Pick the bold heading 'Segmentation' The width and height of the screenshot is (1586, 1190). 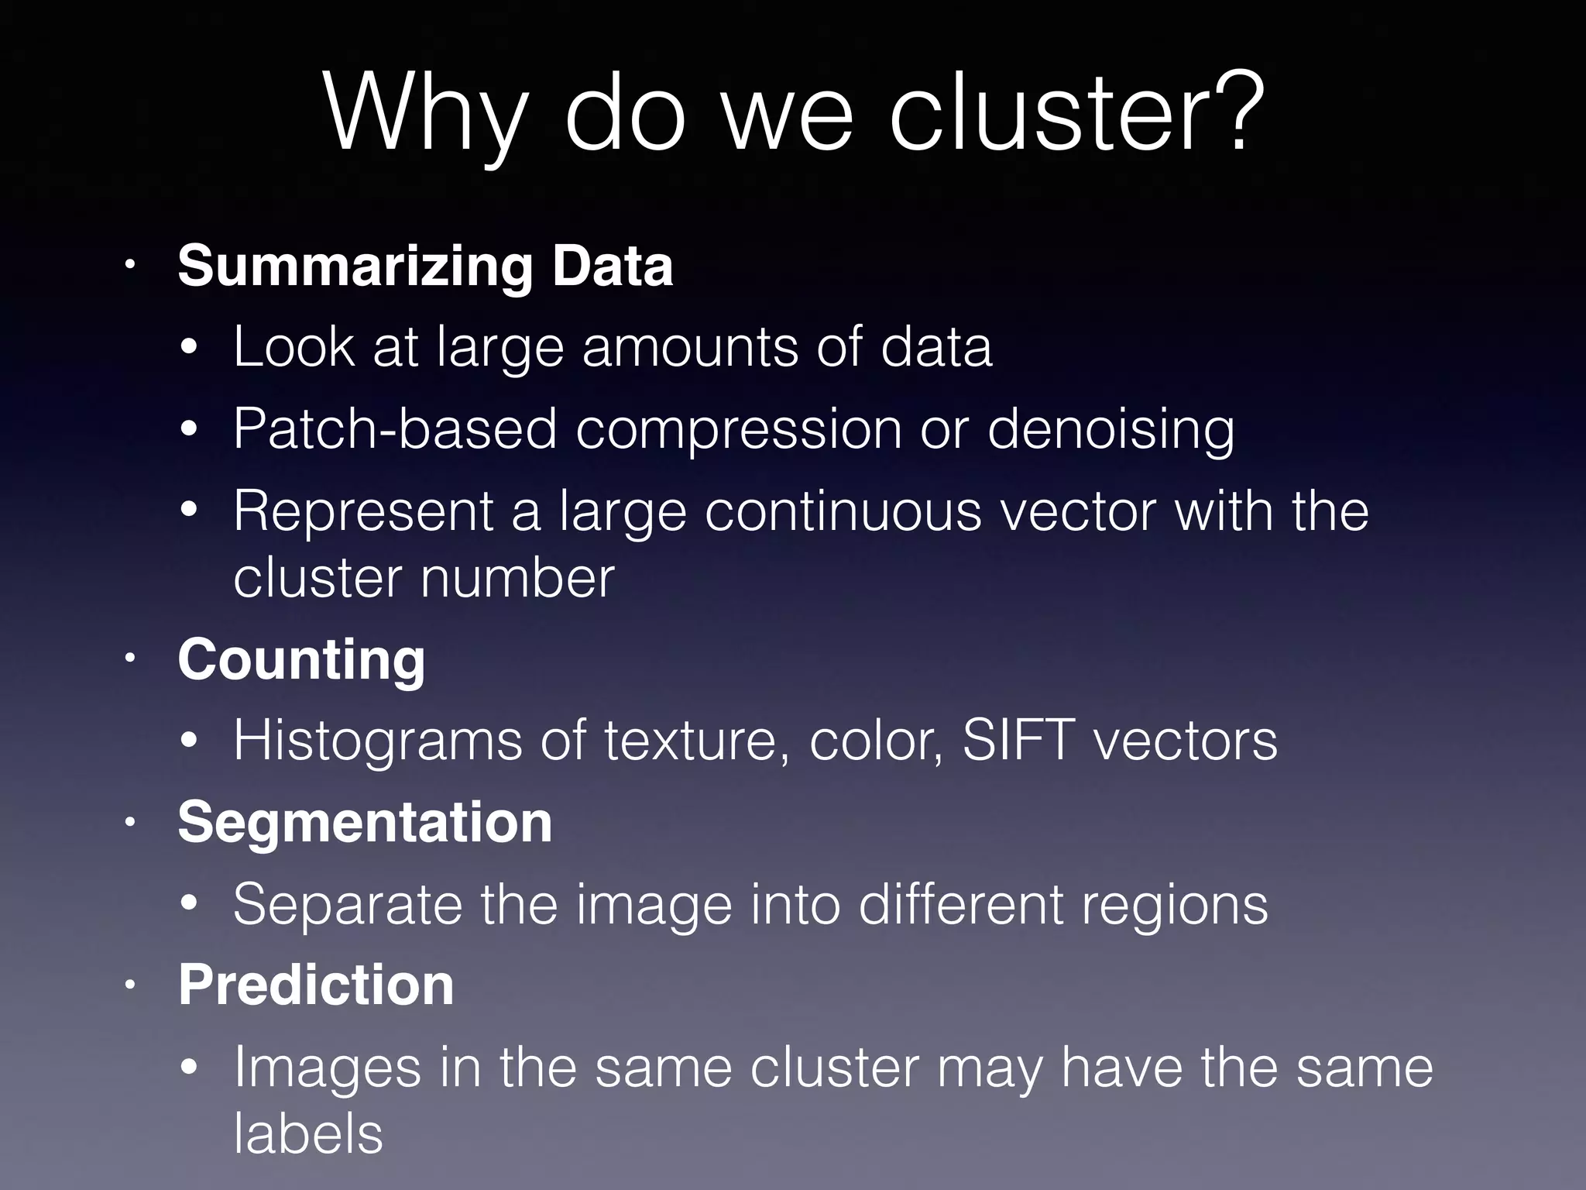[365, 822]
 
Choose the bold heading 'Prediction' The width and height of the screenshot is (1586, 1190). [316, 985]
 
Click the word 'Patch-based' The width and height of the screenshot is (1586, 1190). [395, 428]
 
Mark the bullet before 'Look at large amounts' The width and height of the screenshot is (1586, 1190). [190, 348]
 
